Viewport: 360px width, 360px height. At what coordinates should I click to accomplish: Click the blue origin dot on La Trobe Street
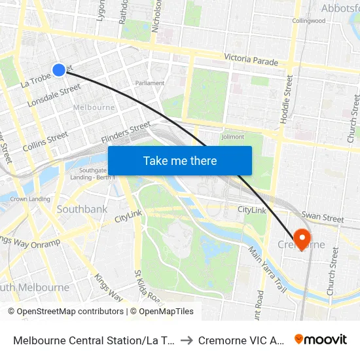[59, 70]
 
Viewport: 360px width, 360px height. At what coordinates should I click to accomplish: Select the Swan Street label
[322, 218]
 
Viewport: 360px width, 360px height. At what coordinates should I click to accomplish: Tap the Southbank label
[82, 209]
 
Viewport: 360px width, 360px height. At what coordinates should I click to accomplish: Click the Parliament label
[150, 83]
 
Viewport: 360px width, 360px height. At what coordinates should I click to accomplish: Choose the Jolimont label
[232, 137]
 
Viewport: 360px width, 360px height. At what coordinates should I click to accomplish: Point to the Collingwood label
[309, 21]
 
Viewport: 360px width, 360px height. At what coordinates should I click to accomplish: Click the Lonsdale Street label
[54, 96]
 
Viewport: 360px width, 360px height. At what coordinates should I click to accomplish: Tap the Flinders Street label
[126, 134]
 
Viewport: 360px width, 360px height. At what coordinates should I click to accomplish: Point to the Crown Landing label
[30, 199]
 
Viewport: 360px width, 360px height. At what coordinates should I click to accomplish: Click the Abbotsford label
[340, 8]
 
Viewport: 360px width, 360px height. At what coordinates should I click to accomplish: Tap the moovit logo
[320, 339]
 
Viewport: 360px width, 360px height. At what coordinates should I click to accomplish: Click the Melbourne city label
[94, 107]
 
